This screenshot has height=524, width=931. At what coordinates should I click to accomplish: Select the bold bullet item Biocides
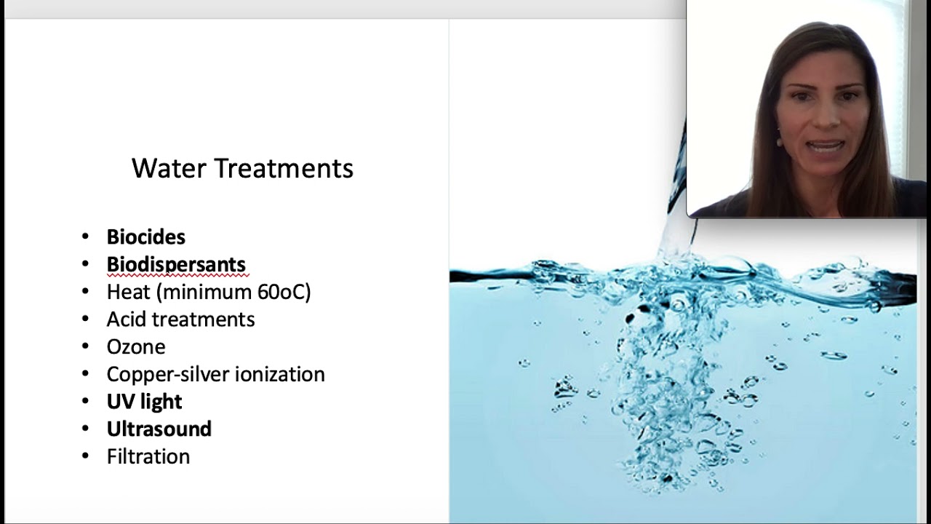pos(145,237)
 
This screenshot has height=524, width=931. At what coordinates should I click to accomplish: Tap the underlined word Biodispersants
pos(176,265)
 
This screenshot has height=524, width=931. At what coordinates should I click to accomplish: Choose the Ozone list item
pos(136,347)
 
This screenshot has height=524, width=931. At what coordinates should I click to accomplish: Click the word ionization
pos(281,374)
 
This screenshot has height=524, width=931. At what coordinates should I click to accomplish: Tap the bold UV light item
pos(144,402)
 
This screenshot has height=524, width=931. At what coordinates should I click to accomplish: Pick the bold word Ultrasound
pos(159,429)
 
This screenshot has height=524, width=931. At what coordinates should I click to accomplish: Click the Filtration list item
pos(148,457)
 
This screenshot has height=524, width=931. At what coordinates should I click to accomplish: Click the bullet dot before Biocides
pos(86,237)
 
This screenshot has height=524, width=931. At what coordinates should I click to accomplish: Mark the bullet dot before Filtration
pos(86,456)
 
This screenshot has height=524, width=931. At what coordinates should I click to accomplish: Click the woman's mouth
pos(826,146)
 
